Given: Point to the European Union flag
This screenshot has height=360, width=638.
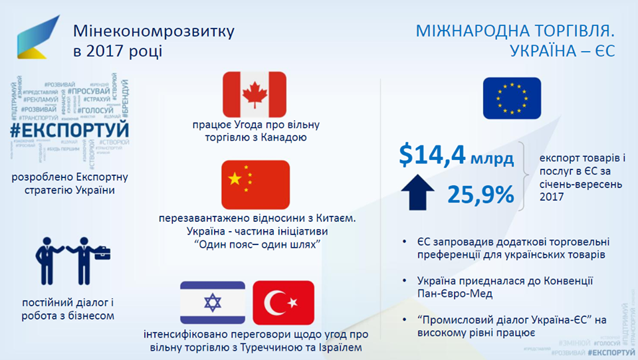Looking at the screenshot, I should point(512,98).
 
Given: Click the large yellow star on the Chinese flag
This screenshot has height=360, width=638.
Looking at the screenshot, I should point(233,178).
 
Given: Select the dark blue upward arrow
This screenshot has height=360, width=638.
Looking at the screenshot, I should point(417,193).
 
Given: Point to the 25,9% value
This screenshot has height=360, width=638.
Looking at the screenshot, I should point(480,194).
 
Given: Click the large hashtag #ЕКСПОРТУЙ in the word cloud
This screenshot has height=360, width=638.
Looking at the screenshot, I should point(70,130).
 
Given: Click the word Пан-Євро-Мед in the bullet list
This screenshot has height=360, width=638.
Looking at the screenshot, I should point(453,292).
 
